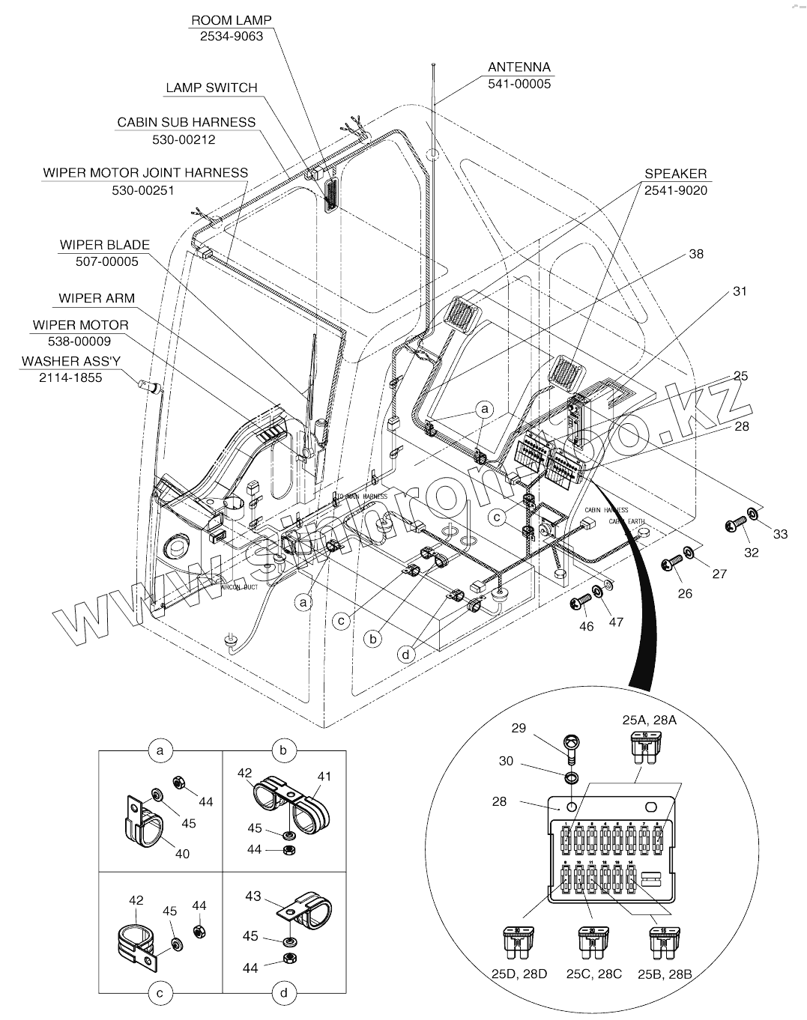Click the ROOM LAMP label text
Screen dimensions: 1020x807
coord(231,20)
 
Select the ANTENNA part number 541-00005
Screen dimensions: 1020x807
coord(519,84)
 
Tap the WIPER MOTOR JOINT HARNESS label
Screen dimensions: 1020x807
coord(145,173)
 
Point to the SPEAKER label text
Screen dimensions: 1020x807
coord(675,174)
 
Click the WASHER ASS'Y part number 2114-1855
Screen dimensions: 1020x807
coord(70,377)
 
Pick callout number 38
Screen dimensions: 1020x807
coord(696,254)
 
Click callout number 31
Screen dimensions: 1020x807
coord(740,291)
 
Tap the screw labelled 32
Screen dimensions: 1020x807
coord(732,526)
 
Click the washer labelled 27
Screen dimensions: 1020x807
coord(688,554)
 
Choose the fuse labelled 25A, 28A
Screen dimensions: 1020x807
coord(644,747)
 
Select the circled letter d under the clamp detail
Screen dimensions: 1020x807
coord(284,994)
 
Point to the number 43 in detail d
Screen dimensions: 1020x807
coord(253,896)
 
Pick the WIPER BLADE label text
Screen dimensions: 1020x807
coord(105,245)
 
